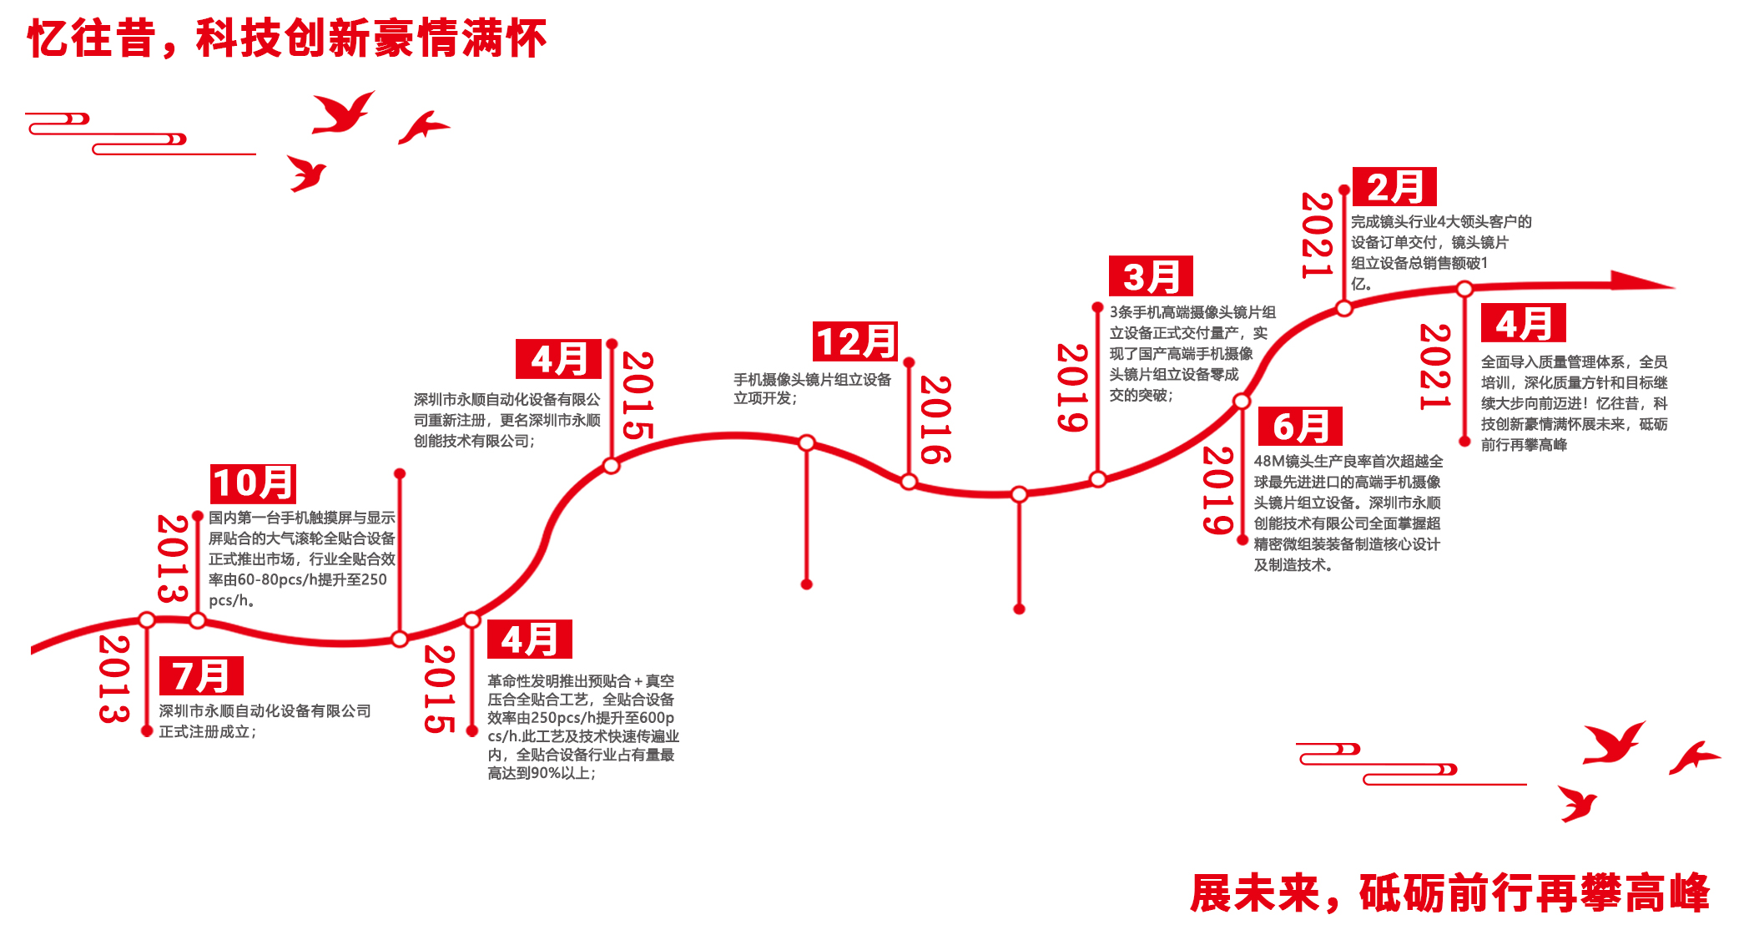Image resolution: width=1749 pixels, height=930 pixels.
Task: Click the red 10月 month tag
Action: (253, 483)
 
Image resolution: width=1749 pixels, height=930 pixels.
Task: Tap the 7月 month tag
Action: (201, 676)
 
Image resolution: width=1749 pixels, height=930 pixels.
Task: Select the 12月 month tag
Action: (855, 341)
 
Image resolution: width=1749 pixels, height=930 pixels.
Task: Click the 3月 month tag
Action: (1151, 276)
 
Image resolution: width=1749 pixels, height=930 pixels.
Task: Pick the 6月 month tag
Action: (1300, 427)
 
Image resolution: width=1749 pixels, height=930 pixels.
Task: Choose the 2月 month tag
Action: (1394, 187)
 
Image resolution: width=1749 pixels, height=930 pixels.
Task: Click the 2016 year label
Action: (935, 420)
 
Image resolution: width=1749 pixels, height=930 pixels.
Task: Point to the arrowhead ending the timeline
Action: (1640, 281)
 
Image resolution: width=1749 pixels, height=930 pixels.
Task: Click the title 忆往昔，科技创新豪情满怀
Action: (287, 38)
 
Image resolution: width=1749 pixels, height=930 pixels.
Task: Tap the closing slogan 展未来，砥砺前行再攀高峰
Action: (1449, 893)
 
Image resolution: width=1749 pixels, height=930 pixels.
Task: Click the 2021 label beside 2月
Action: (1316, 235)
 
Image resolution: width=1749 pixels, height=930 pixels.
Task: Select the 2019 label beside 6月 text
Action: (1217, 491)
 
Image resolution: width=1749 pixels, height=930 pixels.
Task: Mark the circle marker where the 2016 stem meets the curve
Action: (909, 482)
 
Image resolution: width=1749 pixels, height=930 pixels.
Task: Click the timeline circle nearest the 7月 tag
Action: (147, 620)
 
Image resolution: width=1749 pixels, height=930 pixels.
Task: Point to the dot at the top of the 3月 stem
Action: (1097, 308)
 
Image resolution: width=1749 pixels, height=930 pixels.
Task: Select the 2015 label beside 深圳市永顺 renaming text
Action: (638, 395)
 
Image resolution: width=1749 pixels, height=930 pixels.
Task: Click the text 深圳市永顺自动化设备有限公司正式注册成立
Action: (265, 720)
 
